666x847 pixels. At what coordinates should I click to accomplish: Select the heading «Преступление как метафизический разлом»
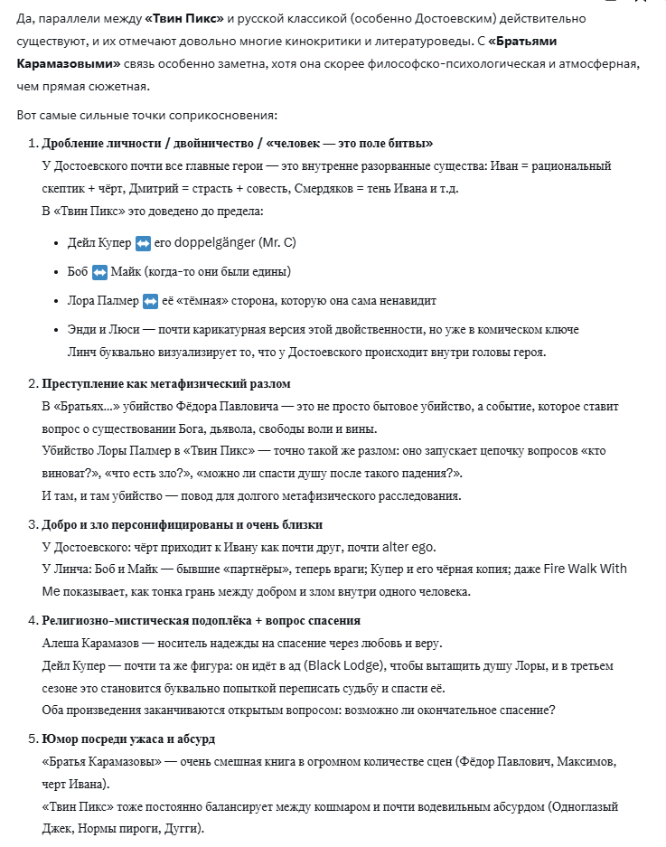click(166, 384)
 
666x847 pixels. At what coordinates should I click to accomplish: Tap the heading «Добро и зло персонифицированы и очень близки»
click(183, 524)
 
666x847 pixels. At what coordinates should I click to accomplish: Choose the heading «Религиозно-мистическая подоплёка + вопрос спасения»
click(202, 620)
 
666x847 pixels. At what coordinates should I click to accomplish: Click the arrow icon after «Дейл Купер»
click(143, 243)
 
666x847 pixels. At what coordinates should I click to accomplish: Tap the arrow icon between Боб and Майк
click(99, 272)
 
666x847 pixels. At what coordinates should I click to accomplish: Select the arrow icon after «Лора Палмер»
click(150, 301)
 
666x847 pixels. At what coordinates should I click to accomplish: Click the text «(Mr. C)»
click(277, 243)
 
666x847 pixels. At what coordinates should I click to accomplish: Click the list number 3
click(32, 524)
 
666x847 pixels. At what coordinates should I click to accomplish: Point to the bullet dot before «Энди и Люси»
click(57, 330)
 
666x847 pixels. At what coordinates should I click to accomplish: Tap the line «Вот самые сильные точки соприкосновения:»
click(147, 115)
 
